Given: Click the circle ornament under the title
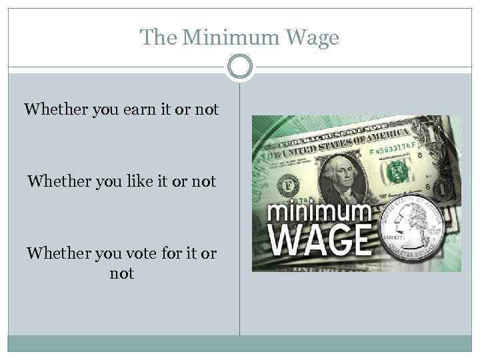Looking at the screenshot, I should coord(240,67).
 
